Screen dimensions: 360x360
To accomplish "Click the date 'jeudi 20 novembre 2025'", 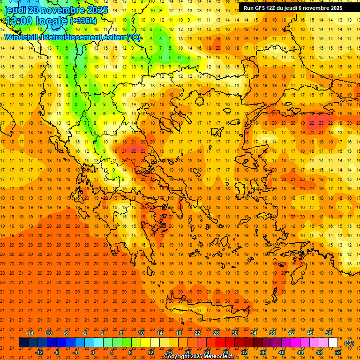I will [x=56, y=10].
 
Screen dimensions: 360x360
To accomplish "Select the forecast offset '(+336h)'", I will [x=83, y=21].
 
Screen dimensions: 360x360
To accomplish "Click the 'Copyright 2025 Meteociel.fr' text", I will [x=199, y=356].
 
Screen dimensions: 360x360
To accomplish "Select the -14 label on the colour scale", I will [x=30, y=333].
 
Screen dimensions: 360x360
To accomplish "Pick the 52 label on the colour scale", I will [x=338, y=352].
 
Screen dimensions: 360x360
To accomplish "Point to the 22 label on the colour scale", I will [x=197, y=333].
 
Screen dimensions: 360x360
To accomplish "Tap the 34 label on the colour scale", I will [x=254, y=333].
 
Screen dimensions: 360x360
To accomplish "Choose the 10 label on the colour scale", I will [x=141, y=333].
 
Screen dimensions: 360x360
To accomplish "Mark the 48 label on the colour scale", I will [x=319, y=352].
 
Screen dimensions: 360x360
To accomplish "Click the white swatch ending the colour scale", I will [x=333, y=343].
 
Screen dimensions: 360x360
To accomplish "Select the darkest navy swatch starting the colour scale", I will [x=23, y=343].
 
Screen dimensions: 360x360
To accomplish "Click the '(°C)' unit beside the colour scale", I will [x=349, y=343].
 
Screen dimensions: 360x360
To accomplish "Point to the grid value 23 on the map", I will [x=321, y=123].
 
